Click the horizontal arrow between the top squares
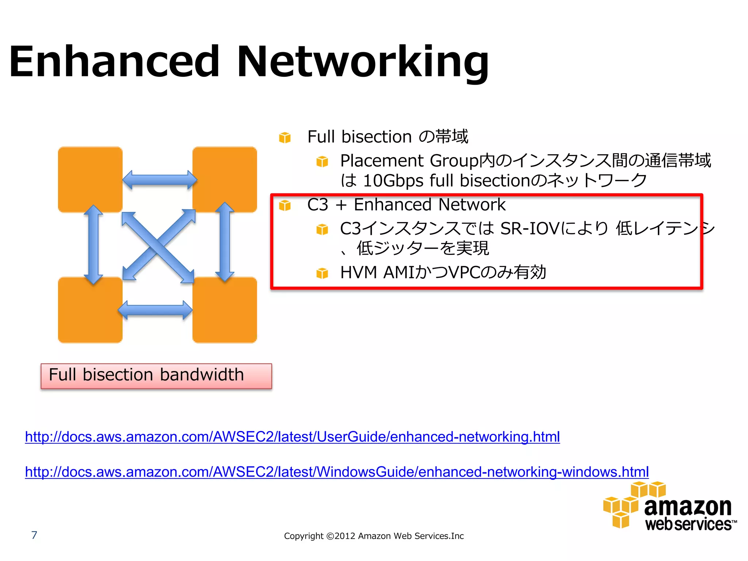click(160, 180)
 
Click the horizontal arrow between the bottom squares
click(155, 310)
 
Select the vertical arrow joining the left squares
click(93, 244)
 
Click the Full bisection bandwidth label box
click(156, 376)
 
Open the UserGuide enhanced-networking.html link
click(292, 437)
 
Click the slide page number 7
click(34, 535)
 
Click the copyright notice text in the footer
click(374, 536)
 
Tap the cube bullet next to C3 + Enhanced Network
click(285, 206)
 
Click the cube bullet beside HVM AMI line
click(322, 273)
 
